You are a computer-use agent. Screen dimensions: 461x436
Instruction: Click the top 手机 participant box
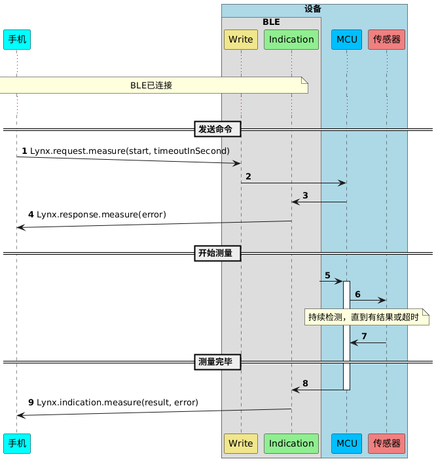click(x=17, y=39)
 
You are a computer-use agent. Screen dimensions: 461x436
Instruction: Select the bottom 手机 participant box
click(x=17, y=443)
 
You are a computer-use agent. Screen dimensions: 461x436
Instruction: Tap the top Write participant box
click(x=241, y=39)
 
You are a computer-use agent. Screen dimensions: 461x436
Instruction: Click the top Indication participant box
click(x=291, y=39)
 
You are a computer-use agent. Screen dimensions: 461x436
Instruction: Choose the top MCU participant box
click(x=346, y=39)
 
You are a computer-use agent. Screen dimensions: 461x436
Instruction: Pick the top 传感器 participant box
click(x=387, y=39)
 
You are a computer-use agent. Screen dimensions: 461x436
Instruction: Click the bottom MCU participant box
click(x=346, y=443)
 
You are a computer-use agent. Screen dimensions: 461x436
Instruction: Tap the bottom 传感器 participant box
click(x=387, y=443)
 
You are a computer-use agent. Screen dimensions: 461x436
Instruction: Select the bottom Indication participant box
click(x=291, y=443)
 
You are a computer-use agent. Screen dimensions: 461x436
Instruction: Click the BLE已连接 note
click(x=152, y=85)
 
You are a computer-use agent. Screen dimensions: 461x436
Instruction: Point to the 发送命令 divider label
click(x=219, y=129)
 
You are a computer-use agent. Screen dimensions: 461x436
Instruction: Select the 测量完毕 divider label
click(x=219, y=361)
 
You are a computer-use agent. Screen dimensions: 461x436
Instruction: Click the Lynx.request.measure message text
click(x=130, y=151)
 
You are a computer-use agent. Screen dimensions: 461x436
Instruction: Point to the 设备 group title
click(x=314, y=9)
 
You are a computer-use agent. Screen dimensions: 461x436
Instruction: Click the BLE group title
click(x=271, y=22)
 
